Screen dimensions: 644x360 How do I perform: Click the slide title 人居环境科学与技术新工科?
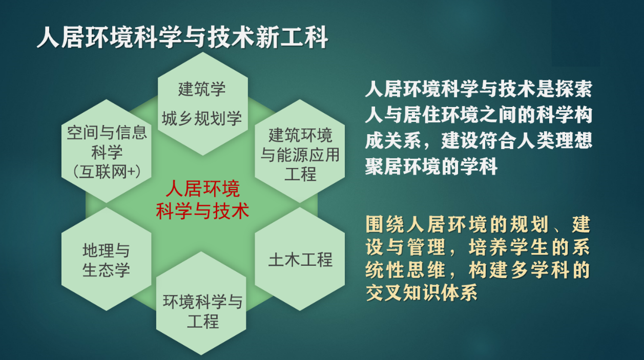182,37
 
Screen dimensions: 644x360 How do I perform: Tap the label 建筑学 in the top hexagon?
202,89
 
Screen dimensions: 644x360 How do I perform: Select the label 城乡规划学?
202,118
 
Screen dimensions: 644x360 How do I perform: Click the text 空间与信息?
107,133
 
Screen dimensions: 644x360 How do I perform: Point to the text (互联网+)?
107,172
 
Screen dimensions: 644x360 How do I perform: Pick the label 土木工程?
300,260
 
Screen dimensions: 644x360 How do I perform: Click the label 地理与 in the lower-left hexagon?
106,250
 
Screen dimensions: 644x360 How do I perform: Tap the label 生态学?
106,270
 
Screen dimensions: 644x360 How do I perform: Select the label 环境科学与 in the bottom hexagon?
203,302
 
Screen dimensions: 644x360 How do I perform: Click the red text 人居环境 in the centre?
203,189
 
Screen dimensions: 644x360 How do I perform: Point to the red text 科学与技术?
202,211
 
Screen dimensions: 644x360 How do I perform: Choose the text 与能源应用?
300,155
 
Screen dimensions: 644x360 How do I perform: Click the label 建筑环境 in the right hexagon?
300,135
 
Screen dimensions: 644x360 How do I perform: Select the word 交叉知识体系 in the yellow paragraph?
422,293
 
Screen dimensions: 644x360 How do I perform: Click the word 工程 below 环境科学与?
203,321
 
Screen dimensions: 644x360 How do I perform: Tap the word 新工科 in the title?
292,37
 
